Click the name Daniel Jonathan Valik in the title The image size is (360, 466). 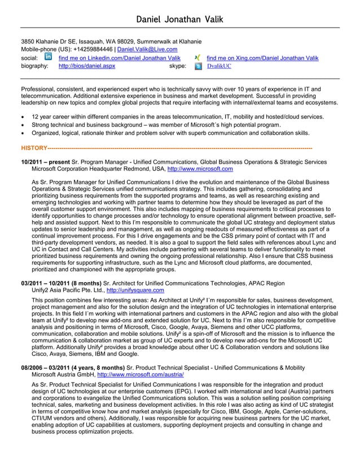tap(179, 20)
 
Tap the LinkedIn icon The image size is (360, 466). tap(48, 57)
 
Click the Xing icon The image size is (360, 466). tap(197, 58)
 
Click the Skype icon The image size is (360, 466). tap(198, 66)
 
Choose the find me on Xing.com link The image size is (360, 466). tap(262, 58)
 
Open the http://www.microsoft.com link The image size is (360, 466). tap(200, 169)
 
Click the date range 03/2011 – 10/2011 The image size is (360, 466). tap(51, 283)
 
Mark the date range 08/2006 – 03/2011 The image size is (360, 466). tap(51, 367)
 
